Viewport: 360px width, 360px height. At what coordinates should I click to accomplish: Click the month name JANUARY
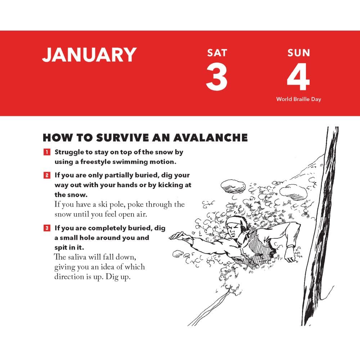click(x=89, y=55)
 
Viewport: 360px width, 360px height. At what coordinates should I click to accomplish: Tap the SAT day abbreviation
click(x=217, y=53)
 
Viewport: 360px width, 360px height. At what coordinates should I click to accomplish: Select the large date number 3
click(x=216, y=76)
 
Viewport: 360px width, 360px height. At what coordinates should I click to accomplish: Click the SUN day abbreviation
click(x=298, y=53)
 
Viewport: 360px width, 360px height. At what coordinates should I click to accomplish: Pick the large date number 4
click(x=298, y=76)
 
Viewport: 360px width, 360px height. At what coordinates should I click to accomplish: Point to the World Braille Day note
click(x=298, y=99)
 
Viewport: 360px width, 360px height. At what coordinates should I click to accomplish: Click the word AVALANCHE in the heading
click(x=210, y=138)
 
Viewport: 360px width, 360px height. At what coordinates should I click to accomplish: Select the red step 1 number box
click(x=47, y=152)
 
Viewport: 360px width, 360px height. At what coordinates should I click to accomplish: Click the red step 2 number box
click(x=47, y=175)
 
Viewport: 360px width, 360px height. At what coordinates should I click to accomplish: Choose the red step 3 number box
click(x=47, y=228)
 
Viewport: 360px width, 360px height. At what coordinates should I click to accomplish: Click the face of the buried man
click(x=235, y=230)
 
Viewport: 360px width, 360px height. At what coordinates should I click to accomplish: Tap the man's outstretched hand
click(x=179, y=236)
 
